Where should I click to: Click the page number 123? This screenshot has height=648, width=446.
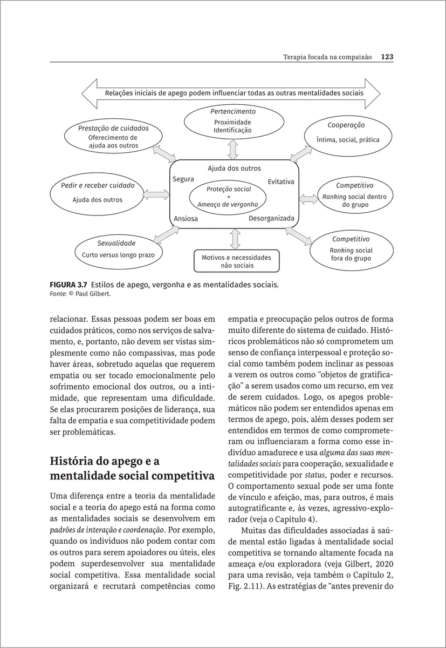[387, 57]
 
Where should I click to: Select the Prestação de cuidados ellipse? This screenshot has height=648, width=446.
[113, 137]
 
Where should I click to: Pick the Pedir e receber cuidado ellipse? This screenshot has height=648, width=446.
[98, 193]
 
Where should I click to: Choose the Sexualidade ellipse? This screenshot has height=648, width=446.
[118, 249]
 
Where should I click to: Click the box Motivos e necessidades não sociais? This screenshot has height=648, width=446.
[236, 261]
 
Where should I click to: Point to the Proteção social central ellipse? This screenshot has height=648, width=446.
[228, 197]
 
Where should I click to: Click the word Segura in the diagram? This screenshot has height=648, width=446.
[183, 179]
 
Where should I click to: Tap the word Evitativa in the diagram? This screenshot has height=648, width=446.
[281, 181]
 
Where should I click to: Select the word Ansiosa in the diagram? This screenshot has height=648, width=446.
[186, 219]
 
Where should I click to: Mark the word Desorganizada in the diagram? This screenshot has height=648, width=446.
[271, 218]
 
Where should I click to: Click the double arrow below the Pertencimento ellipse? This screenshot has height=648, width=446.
[233, 149]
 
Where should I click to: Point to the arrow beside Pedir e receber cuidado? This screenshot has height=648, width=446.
[157, 194]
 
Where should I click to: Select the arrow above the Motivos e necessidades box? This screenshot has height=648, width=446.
[235, 239]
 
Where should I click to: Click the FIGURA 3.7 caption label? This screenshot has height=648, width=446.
[68, 284]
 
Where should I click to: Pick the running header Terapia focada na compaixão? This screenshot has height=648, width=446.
[327, 57]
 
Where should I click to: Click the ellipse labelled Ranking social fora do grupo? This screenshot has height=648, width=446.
[351, 250]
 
